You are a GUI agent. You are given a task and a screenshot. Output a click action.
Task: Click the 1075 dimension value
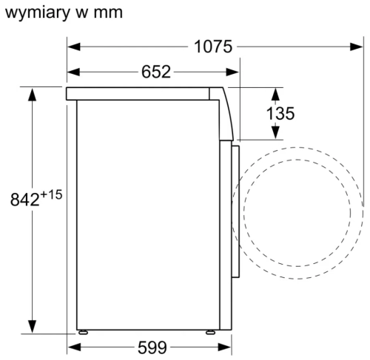click(x=213, y=47)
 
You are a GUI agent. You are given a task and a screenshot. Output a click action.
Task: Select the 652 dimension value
click(x=155, y=72)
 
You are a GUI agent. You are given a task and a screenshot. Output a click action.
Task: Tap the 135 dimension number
click(x=280, y=113)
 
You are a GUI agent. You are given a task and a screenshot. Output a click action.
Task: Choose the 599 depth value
click(x=152, y=347)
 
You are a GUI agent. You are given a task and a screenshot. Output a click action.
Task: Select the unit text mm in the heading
click(x=107, y=13)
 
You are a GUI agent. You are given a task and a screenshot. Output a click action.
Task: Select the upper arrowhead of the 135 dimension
click(x=275, y=93)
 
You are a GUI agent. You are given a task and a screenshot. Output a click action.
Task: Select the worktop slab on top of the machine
click(x=144, y=93)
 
